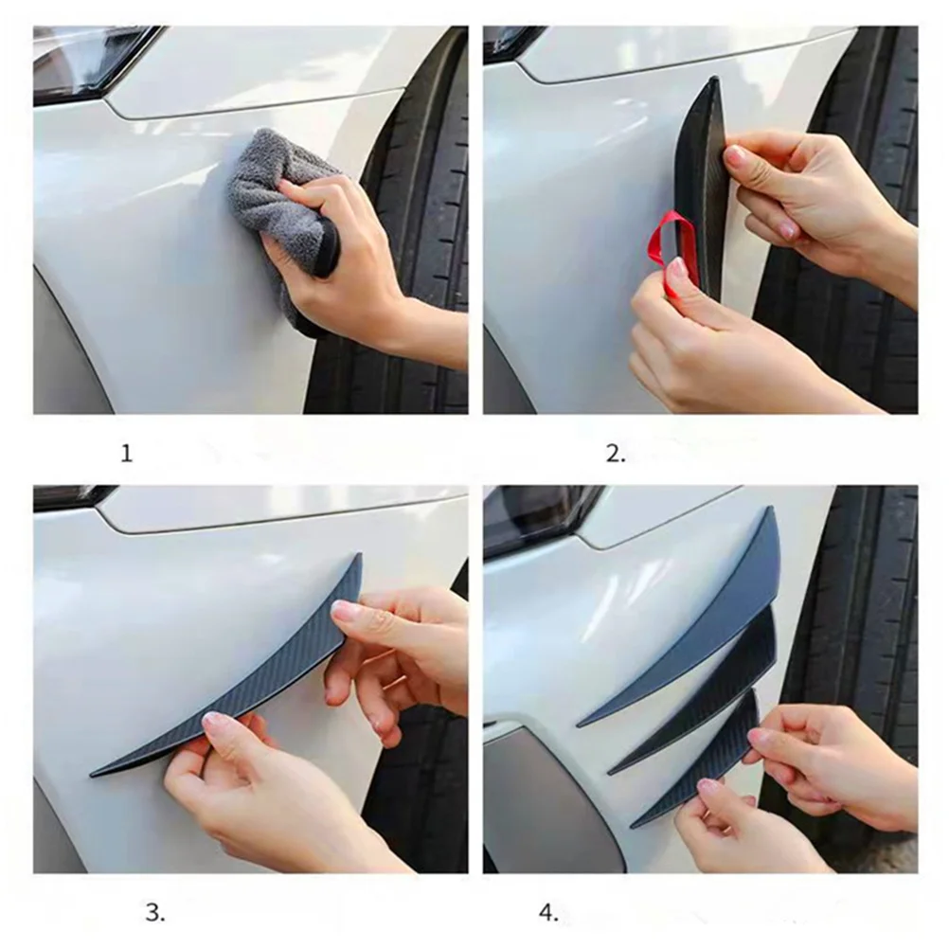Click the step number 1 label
127,454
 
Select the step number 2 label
616,454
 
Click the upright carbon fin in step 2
706,180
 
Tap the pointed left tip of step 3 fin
95,774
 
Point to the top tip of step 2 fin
715,81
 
